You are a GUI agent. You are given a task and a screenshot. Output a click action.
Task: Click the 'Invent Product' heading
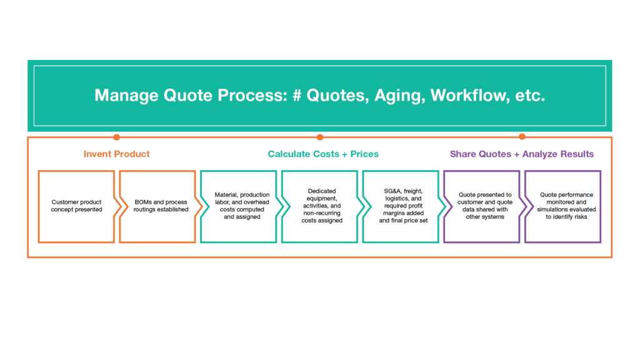[117, 154]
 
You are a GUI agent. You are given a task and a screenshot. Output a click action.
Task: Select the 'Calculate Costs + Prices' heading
[323, 154]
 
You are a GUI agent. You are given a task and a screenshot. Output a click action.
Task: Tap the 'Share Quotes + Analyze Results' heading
[522, 154]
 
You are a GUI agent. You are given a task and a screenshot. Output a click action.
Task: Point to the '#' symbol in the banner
[297, 95]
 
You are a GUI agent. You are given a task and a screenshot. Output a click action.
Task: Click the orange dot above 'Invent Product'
[117, 137]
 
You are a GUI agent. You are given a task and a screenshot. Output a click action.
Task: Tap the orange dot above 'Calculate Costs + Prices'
[320, 137]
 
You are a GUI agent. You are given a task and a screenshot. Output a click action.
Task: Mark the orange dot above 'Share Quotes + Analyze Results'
[522, 136]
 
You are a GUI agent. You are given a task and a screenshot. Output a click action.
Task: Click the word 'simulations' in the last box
[551, 209]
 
